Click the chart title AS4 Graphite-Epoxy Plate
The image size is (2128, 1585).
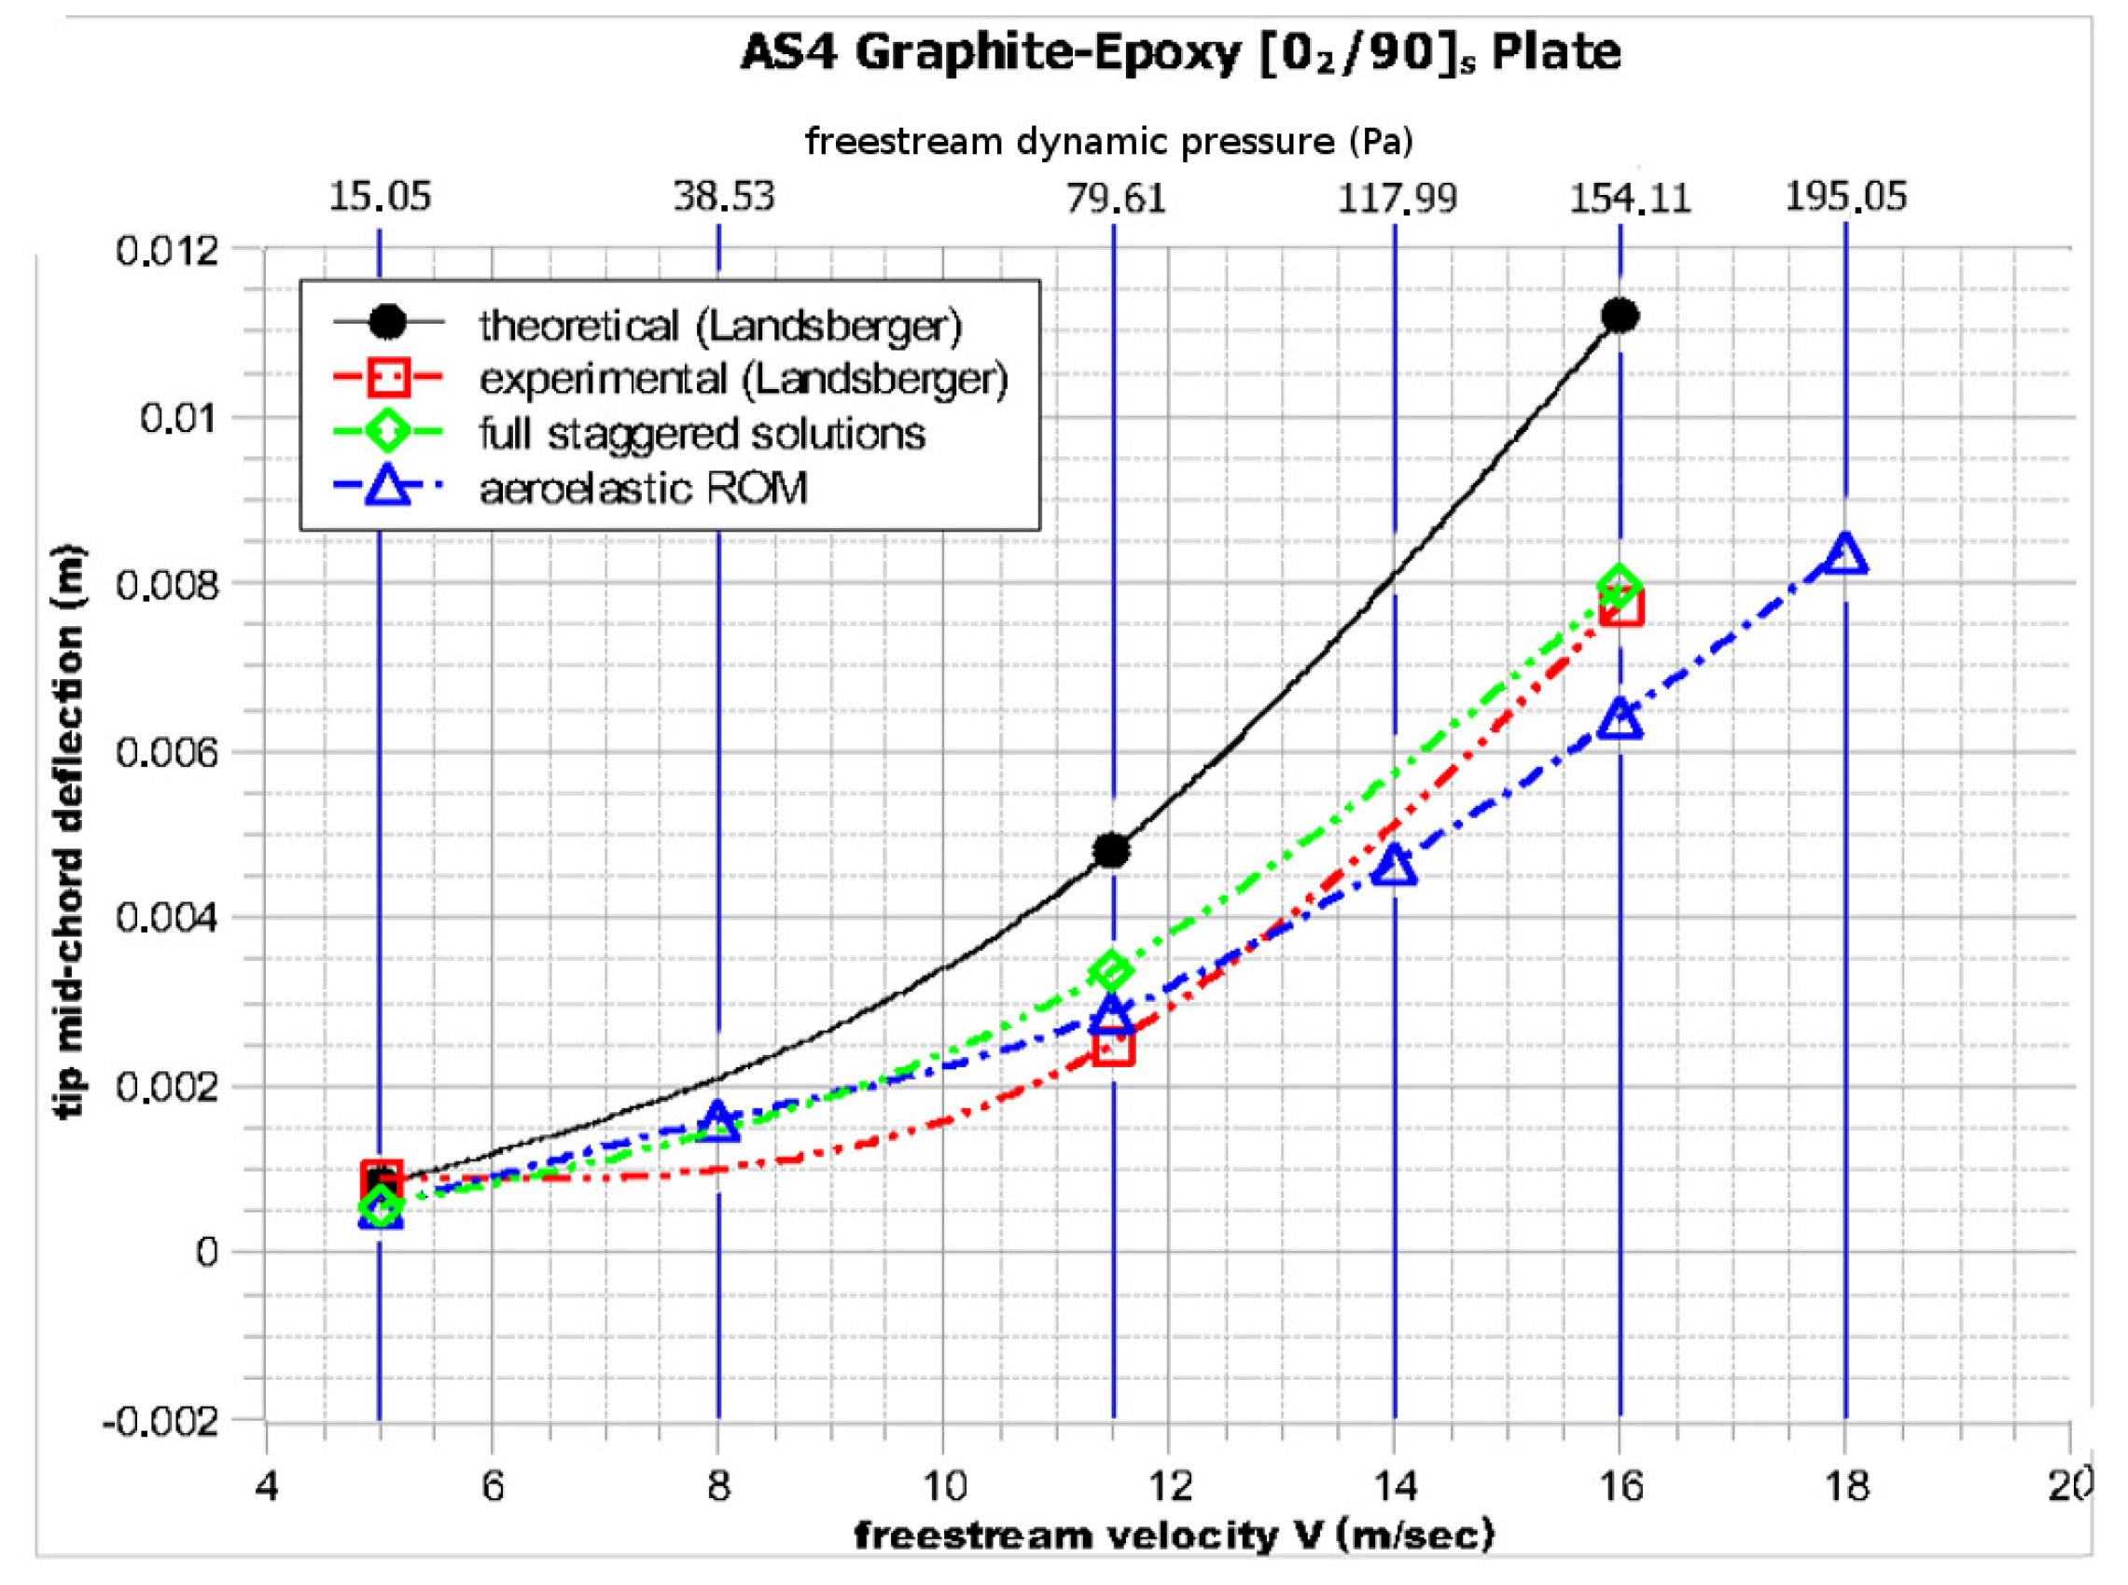1180,53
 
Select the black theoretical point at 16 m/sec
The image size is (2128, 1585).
1620,315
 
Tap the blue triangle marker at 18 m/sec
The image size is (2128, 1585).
1846,554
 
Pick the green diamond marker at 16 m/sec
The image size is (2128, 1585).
1620,584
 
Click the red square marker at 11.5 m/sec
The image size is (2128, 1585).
1114,1045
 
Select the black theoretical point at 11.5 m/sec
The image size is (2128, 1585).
1112,850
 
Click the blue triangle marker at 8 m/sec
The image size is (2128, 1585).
718,1120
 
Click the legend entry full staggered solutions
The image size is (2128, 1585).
702,435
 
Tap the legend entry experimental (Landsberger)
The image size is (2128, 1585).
744,380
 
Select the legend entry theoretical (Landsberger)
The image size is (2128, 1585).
719,327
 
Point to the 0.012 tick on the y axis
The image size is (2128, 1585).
154,251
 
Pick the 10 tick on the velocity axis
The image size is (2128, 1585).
945,1486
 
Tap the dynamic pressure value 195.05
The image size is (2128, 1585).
1845,197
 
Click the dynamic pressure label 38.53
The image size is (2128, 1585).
722,197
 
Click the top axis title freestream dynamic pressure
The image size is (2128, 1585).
1108,142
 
